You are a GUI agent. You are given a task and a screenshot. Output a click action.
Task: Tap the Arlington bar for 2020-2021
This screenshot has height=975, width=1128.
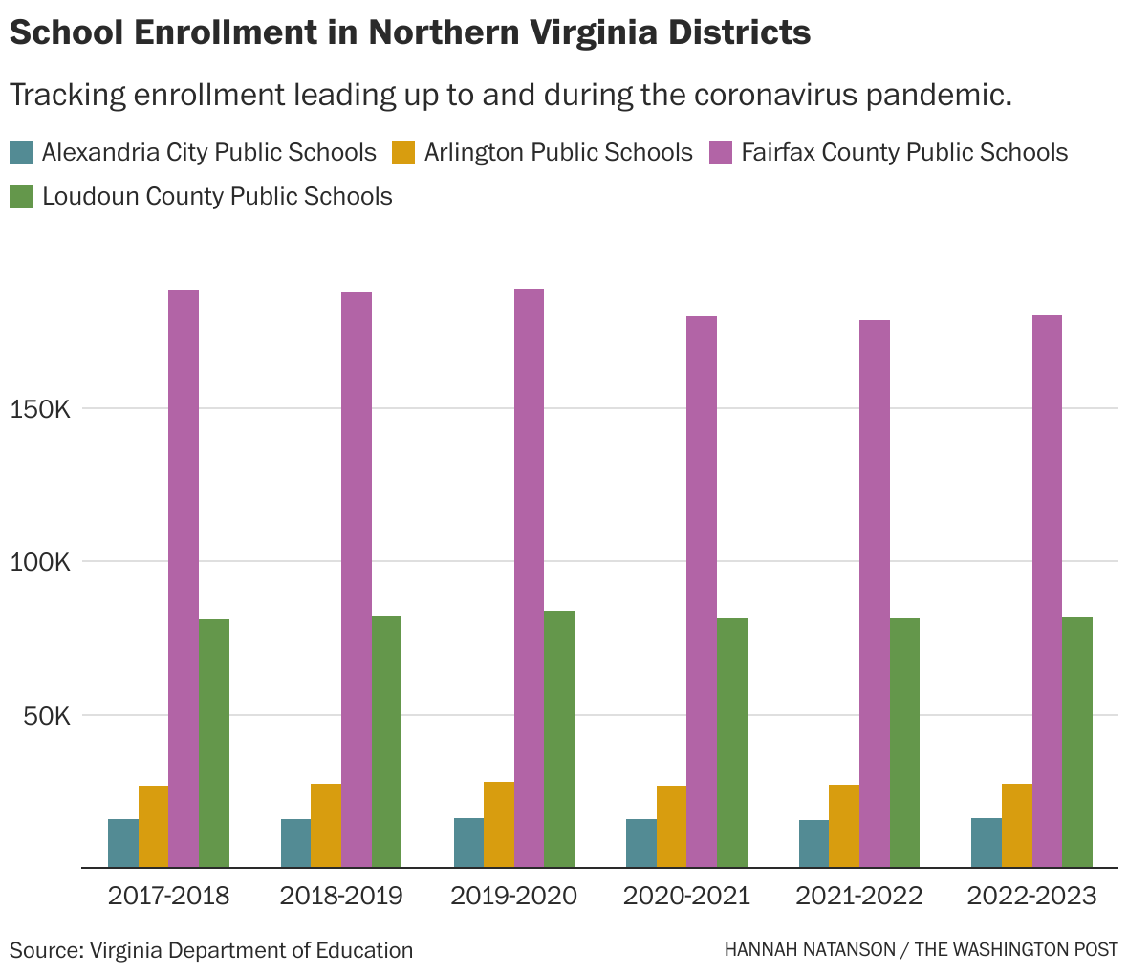(671, 827)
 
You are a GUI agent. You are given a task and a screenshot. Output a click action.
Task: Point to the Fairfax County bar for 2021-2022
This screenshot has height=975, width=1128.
(874, 594)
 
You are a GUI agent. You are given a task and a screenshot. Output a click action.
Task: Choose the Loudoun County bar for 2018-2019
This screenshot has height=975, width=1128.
(386, 742)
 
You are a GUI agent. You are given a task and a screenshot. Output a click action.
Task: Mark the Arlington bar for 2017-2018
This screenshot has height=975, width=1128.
(153, 827)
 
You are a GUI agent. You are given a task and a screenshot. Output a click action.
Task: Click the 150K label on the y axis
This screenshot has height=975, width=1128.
(40, 409)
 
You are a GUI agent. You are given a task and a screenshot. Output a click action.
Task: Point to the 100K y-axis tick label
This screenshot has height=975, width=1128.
(40, 562)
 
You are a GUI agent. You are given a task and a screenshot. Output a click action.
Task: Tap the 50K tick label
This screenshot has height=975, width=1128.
(46, 716)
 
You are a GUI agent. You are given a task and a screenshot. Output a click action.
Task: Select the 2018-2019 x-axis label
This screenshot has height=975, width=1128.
(341, 897)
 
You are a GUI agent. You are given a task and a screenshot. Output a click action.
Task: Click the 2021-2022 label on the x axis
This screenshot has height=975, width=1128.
(858, 897)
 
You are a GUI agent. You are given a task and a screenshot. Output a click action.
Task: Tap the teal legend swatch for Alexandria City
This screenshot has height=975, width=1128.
(21, 153)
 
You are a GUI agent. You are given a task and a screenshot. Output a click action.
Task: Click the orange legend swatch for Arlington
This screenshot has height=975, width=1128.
(404, 153)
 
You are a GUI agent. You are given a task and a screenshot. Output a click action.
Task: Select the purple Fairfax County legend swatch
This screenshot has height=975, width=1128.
(721, 153)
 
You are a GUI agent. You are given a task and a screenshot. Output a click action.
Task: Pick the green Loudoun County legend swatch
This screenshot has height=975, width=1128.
(21, 197)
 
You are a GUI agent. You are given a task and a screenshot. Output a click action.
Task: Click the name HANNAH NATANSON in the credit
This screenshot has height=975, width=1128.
(809, 950)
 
